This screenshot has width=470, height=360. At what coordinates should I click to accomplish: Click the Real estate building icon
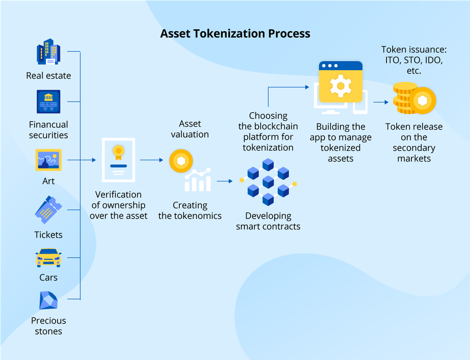coord(49,52)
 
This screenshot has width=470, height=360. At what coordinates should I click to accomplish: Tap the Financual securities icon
coord(49,102)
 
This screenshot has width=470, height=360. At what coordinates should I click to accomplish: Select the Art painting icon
coord(49,160)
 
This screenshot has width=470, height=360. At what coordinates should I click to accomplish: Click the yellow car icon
coord(49,258)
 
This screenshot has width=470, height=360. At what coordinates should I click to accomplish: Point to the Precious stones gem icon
coord(49,301)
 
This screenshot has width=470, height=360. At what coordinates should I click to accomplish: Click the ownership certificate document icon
coord(118,160)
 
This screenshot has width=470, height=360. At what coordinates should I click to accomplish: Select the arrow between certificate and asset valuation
coord(151,160)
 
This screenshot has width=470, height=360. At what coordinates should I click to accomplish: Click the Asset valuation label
coord(190,129)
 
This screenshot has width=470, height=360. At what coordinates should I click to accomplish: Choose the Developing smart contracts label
coord(268,221)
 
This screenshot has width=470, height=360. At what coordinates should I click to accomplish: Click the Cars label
coord(49,278)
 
